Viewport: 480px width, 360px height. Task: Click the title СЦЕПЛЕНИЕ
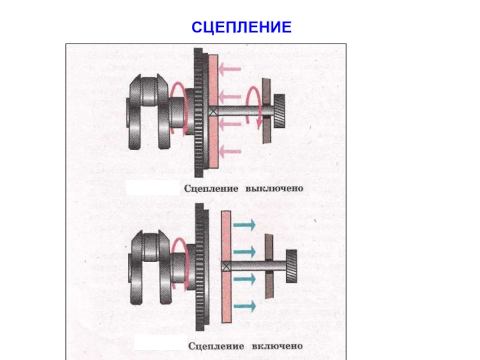pyautogui.click(x=241, y=27)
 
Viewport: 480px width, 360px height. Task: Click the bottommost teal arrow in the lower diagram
pyautogui.click(x=244, y=306)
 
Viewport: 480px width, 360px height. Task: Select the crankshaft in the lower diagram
pyautogui.click(x=150, y=266)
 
